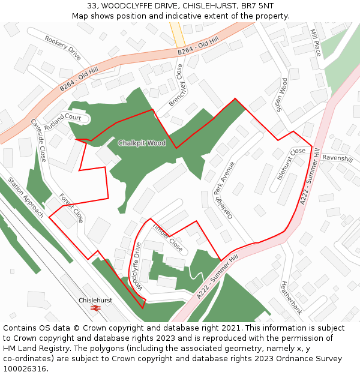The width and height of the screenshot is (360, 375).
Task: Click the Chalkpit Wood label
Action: click(142, 143)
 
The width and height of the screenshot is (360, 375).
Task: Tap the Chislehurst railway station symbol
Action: click(95, 308)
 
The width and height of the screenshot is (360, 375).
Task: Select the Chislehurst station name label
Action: click(95, 300)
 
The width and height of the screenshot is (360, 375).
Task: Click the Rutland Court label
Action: click(62, 118)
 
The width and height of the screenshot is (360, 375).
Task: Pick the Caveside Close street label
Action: click(38, 140)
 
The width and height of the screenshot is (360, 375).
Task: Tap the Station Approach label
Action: click(26, 197)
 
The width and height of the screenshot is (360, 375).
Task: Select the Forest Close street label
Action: click(71, 208)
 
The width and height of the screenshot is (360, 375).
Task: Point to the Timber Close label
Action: click(167, 237)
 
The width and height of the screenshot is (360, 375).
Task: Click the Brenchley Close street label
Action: click(176, 85)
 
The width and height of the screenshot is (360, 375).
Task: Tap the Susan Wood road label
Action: click(281, 95)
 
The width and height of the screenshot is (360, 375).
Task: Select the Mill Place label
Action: click(316, 43)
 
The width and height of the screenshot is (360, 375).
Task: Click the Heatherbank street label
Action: click(291, 298)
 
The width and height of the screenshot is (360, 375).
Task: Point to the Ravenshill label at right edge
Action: click(337, 158)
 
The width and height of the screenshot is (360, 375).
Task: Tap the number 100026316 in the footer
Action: click(25, 369)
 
